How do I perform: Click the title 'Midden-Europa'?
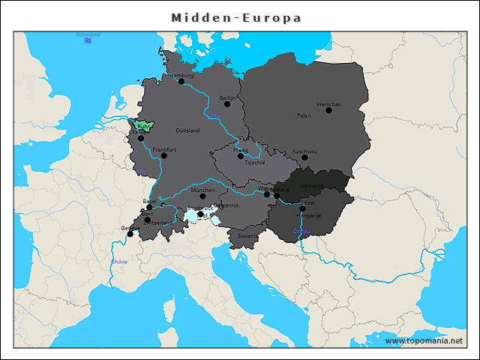click(236, 17)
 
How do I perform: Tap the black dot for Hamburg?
click(181, 81)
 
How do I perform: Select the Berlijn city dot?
click(227, 103)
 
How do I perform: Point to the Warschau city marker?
click(328, 110)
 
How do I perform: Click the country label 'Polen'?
click(304, 116)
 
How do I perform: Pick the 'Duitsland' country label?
click(187, 130)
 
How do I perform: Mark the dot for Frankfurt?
click(163, 155)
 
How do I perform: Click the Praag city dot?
click(241, 156)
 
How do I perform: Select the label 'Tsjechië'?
click(255, 163)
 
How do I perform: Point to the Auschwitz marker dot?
click(304, 157)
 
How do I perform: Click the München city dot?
click(202, 196)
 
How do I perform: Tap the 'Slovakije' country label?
click(312, 185)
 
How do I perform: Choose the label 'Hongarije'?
click(310, 215)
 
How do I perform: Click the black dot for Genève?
click(130, 234)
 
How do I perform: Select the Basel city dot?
click(149, 208)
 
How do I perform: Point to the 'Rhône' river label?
click(119, 262)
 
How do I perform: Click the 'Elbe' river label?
click(215, 115)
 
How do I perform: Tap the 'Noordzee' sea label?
click(88, 34)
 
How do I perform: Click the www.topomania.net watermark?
click(424, 340)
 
